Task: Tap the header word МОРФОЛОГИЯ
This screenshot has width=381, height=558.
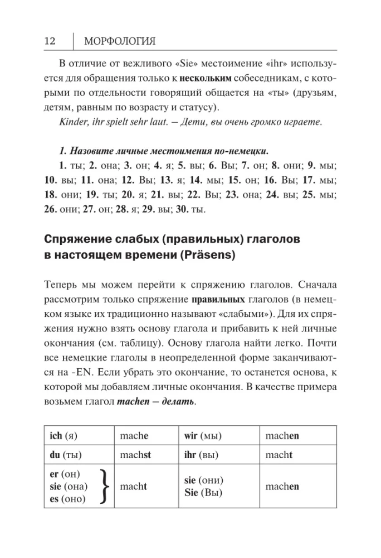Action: [x=119, y=41]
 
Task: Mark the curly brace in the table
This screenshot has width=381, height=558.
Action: [x=103, y=486]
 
